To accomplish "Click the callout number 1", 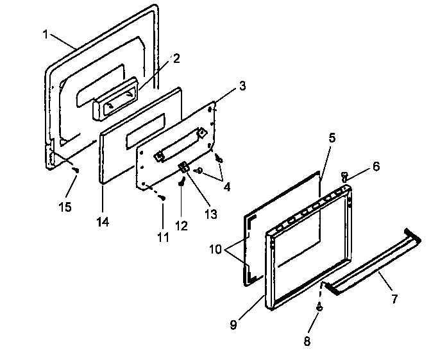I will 45,34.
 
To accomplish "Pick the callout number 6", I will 375,166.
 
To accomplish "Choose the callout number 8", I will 307,341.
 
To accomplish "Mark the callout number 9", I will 233,324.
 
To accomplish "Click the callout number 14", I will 102,222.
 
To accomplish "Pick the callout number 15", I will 65,207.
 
